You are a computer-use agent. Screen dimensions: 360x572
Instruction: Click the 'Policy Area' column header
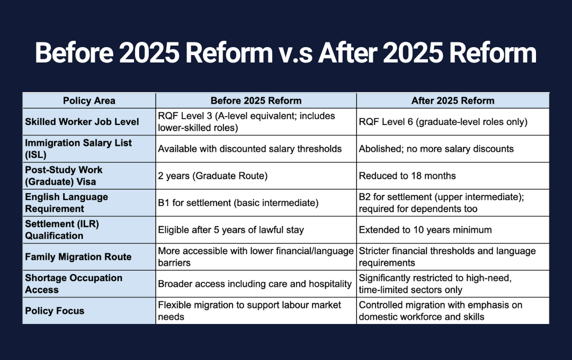coord(89,101)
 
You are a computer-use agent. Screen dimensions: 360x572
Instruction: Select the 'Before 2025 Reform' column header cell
coord(256,101)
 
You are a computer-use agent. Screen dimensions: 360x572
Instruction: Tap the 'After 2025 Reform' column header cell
coord(453,101)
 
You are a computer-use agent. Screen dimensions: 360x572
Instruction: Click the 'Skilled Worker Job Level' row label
coord(82,122)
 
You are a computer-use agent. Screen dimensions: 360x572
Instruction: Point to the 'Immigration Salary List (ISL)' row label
coord(78,149)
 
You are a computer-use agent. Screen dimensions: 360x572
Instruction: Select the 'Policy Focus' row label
coord(55,311)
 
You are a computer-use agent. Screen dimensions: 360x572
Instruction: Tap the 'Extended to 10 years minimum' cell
coord(425,230)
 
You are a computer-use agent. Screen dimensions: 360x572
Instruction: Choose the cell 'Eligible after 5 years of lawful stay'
coord(230,230)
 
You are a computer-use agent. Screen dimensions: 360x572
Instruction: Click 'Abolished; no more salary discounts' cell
coord(436,149)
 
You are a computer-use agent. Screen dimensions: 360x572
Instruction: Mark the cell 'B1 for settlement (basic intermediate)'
coord(238,203)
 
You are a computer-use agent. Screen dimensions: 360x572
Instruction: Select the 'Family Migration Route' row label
coord(78,257)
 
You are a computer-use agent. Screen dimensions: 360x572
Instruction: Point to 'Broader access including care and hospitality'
coord(255,284)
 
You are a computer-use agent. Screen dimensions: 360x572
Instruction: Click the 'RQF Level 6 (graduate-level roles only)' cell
coord(443,122)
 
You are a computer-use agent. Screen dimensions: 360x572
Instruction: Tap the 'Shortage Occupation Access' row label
coord(74,284)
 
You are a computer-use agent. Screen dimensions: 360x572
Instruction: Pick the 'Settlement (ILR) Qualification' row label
coord(62,230)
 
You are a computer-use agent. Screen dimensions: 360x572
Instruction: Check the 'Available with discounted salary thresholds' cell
coord(250,149)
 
